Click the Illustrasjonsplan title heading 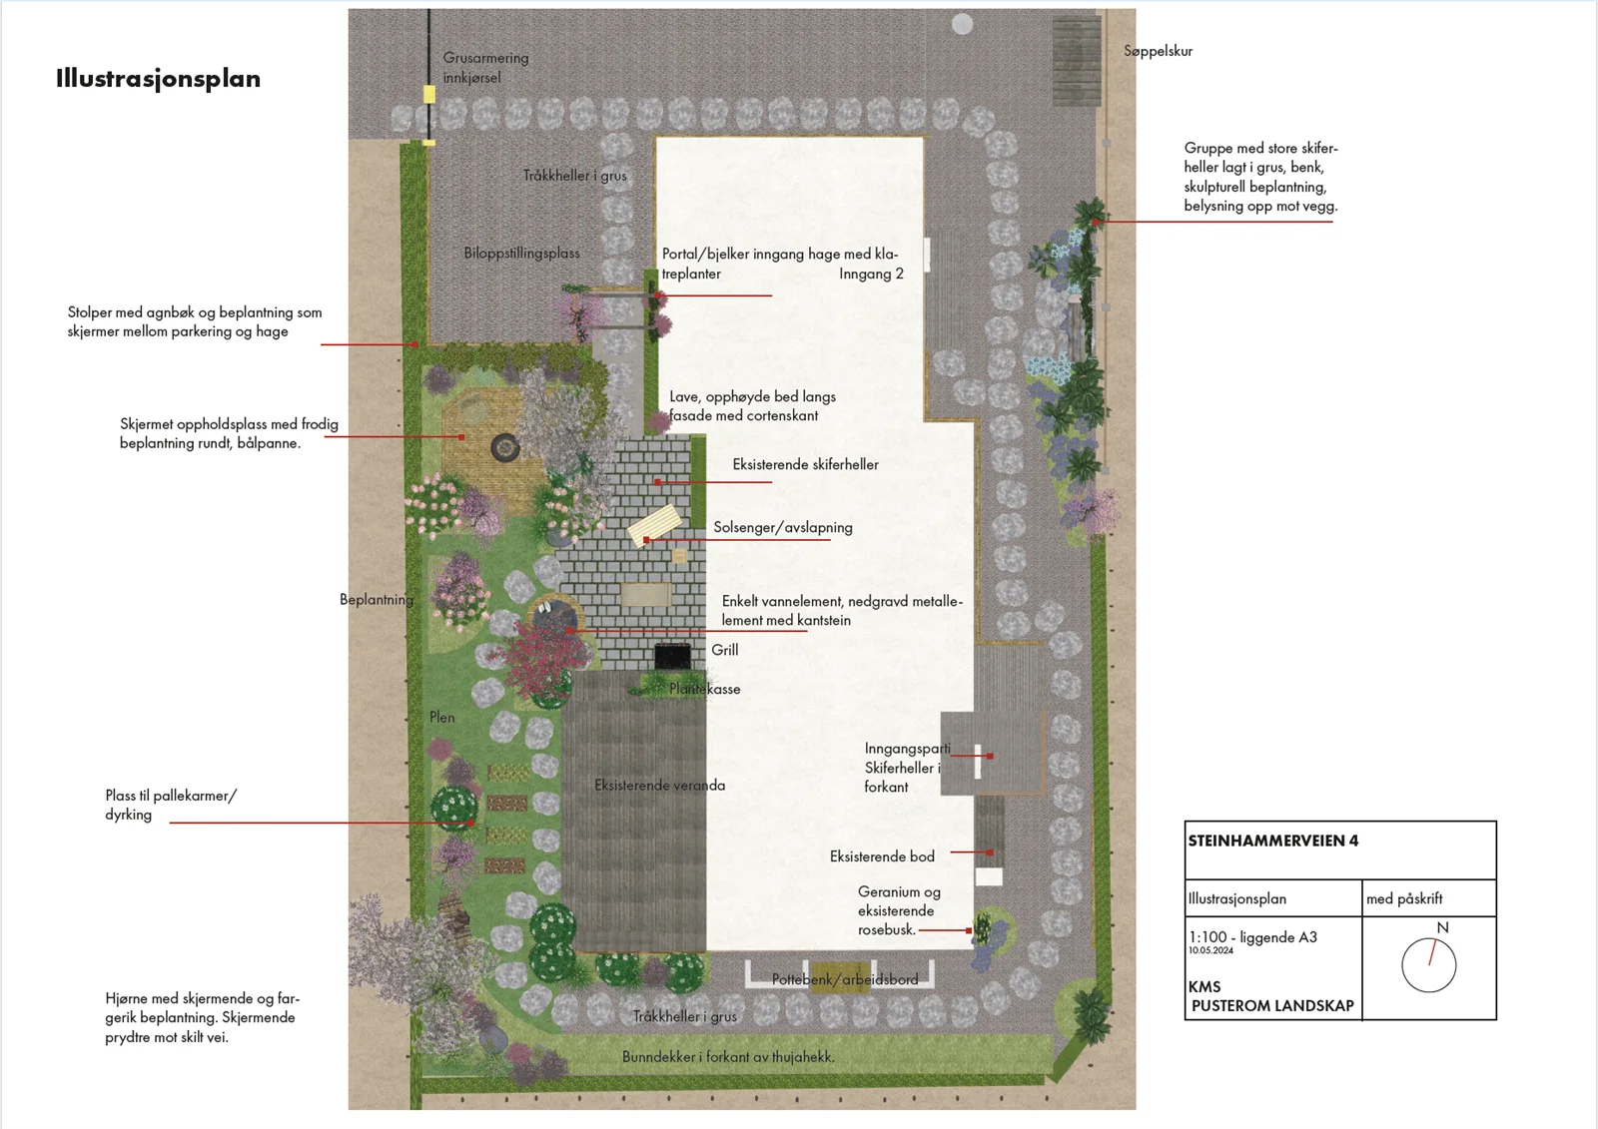tap(159, 79)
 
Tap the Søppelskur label tap(1158, 51)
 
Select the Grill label tap(725, 650)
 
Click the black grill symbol tap(672, 656)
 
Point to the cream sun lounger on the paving tap(655, 524)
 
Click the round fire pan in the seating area tap(505, 447)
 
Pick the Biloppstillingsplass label tap(521, 254)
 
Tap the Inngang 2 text tap(871, 274)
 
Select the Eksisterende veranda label tap(660, 786)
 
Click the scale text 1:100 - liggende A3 tap(1252, 937)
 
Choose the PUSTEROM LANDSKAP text tap(1272, 1005)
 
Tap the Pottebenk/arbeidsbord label tap(845, 980)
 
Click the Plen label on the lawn tap(441, 718)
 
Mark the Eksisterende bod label tap(882, 856)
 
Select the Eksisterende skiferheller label tap(805, 464)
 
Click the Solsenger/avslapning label tap(783, 528)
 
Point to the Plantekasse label tap(705, 689)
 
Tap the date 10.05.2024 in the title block tap(1210, 950)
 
